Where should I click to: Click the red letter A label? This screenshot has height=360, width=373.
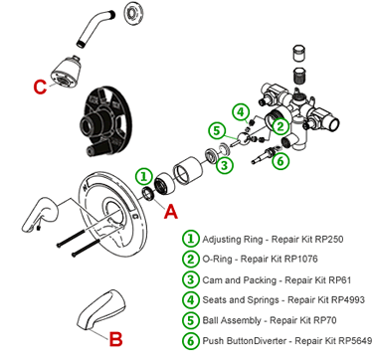pos(171,211)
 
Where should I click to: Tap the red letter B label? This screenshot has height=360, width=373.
pos(115,339)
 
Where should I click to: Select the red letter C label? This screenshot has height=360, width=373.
pos(40,87)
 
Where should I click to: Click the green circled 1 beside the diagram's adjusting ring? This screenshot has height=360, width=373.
pos(143,176)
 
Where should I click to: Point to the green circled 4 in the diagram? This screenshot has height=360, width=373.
pos(240,113)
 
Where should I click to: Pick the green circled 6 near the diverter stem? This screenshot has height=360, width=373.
pos(280,161)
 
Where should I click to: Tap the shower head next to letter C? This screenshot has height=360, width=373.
pos(66,70)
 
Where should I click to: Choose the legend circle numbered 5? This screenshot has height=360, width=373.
pos(191,320)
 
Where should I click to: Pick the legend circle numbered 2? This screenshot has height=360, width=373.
pos(191,259)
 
